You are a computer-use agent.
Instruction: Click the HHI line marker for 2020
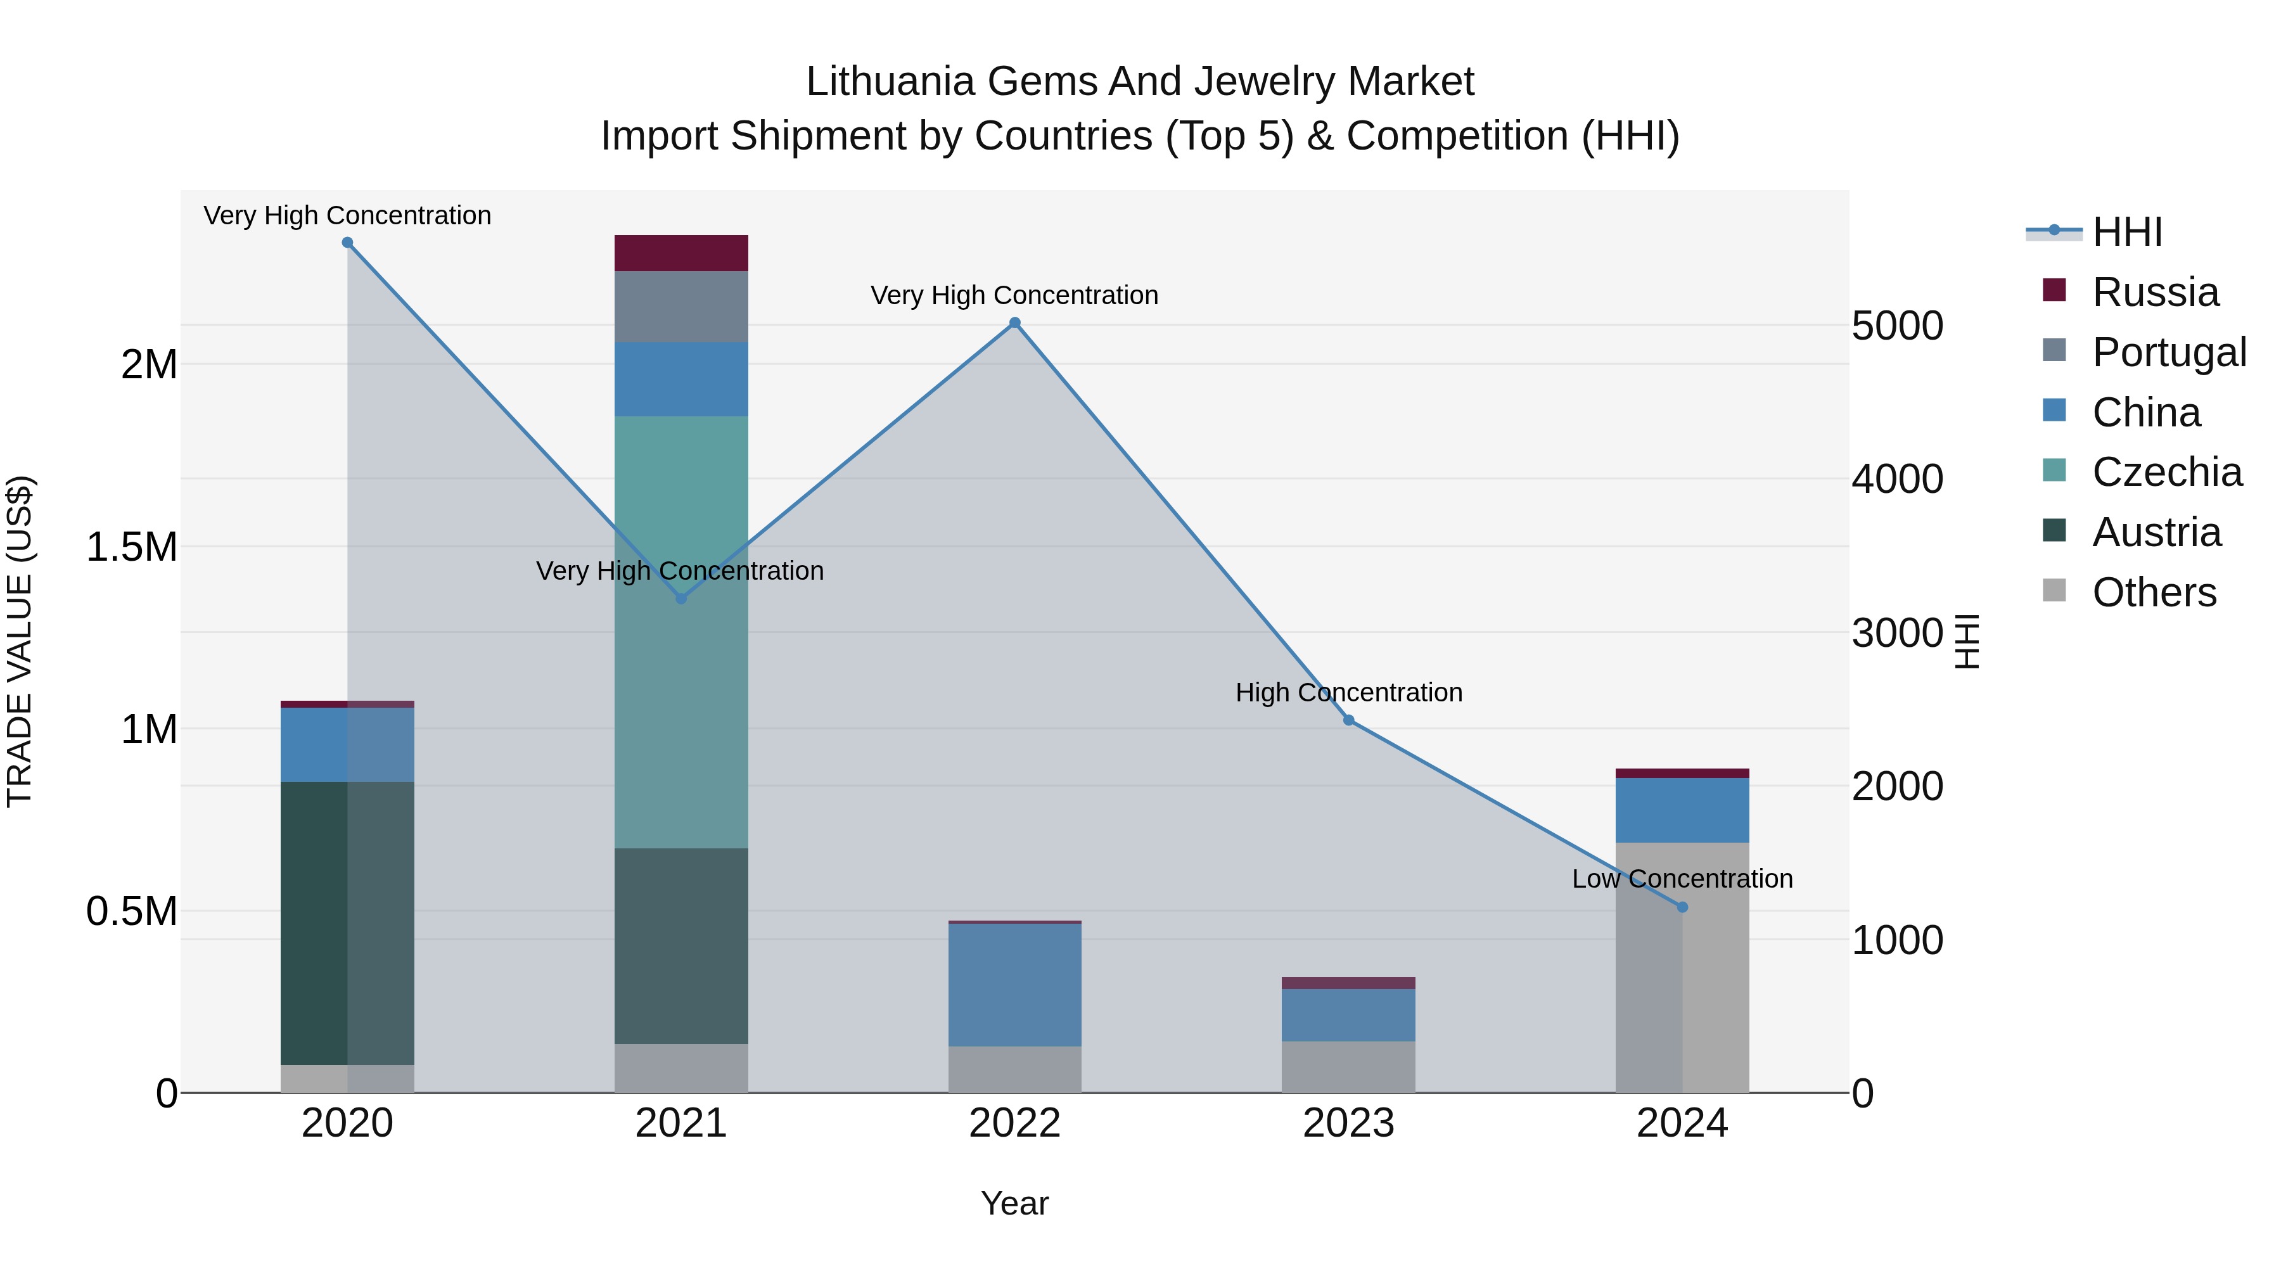(347, 243)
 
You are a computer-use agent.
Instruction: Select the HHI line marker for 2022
(1015, 323)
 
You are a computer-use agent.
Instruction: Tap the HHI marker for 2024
(1682, 907)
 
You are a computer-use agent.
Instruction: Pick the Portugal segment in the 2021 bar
(681, 307)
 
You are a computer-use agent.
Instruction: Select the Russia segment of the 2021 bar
(681, 253)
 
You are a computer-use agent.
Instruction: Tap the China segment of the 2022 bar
(1015, 985)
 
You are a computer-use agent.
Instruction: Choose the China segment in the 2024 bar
(1682, 810)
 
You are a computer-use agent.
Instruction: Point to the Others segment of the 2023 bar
(1348, 1067)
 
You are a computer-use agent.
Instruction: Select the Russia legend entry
(2154, 292)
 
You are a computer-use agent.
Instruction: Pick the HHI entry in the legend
(2126, 232)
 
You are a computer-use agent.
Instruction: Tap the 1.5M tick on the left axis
(131, 547)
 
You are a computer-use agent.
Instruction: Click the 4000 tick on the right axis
(1896, 479)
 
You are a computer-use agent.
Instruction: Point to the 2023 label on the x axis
(1348, 1123)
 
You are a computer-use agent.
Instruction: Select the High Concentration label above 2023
(1348, 693)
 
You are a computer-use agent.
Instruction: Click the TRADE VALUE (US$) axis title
(20, 641)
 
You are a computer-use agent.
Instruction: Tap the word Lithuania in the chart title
(890, 82)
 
